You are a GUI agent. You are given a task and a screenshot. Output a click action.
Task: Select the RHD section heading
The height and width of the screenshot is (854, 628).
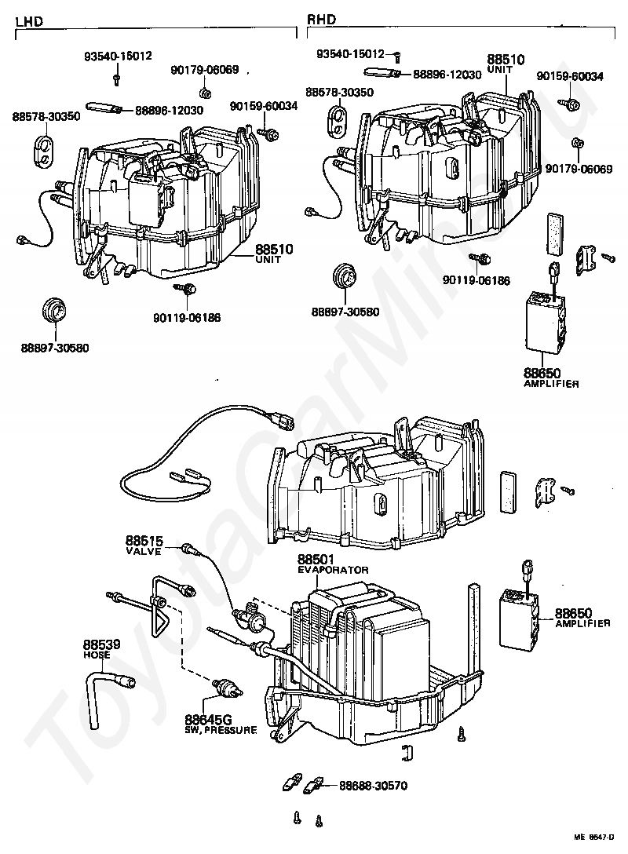(x=319, y=21)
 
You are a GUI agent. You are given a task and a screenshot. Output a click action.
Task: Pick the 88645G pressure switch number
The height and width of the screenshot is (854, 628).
(x=208, y=720)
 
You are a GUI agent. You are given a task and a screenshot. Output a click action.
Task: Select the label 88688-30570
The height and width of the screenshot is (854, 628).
(x=373, y=785)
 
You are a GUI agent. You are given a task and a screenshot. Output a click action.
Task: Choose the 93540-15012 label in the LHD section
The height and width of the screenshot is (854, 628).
(x=118, y=57)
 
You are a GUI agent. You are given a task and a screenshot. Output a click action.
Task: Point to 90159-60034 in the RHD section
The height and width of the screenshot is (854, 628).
(x=570, y=76)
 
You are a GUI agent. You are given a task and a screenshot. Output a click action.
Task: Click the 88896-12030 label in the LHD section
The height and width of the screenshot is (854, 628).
(x=169, y=111)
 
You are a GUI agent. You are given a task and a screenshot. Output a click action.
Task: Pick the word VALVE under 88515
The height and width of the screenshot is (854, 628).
(x=144, y=552)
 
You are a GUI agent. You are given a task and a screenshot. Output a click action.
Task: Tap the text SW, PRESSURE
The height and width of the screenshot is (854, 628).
(x=221, y=730)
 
